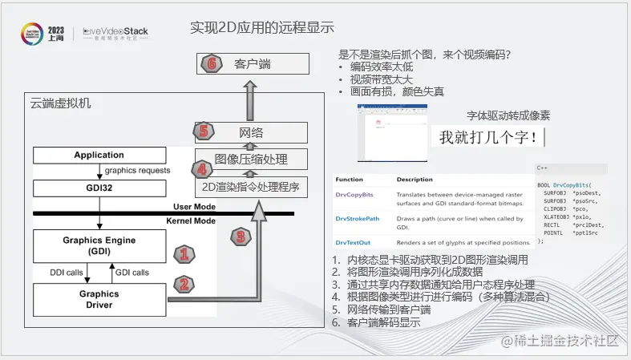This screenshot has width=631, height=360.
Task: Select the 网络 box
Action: [251, 132]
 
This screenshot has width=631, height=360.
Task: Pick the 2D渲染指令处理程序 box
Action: [251, 188]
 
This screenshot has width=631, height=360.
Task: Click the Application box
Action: [99, 156]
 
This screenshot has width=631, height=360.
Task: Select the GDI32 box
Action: [99, 188]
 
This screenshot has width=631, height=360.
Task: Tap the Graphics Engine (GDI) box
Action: [99, 245]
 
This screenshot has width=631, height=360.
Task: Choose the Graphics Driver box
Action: [99, 299]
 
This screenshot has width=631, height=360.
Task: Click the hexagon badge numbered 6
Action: [211, 64]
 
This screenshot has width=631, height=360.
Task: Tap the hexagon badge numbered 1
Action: [184, 256]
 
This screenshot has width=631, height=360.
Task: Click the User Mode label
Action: [193, 207]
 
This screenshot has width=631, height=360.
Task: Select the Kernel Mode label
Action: [191, 220]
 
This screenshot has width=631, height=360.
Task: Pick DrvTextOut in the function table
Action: [352, 241]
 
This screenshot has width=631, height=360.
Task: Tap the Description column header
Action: [415, 180]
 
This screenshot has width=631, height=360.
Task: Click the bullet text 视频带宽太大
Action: [381, 79]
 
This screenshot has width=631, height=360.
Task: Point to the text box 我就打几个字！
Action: [488, 137]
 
